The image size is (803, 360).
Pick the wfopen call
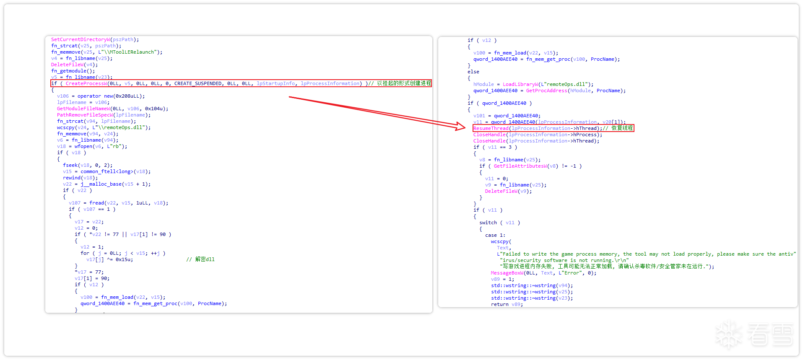[x=83, y=146]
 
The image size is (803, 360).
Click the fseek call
[x=70, y=165]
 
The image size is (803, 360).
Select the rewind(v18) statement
[x=80, y=178]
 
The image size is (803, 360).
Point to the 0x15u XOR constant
[x=124, y=259]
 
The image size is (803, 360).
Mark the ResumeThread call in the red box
[x=491, y=128]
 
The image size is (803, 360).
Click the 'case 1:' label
[x=495, y=235]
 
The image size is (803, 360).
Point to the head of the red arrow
[x=463, y=127]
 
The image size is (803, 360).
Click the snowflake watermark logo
[x=729, y=334]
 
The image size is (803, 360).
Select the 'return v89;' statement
[x=507, y=304]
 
